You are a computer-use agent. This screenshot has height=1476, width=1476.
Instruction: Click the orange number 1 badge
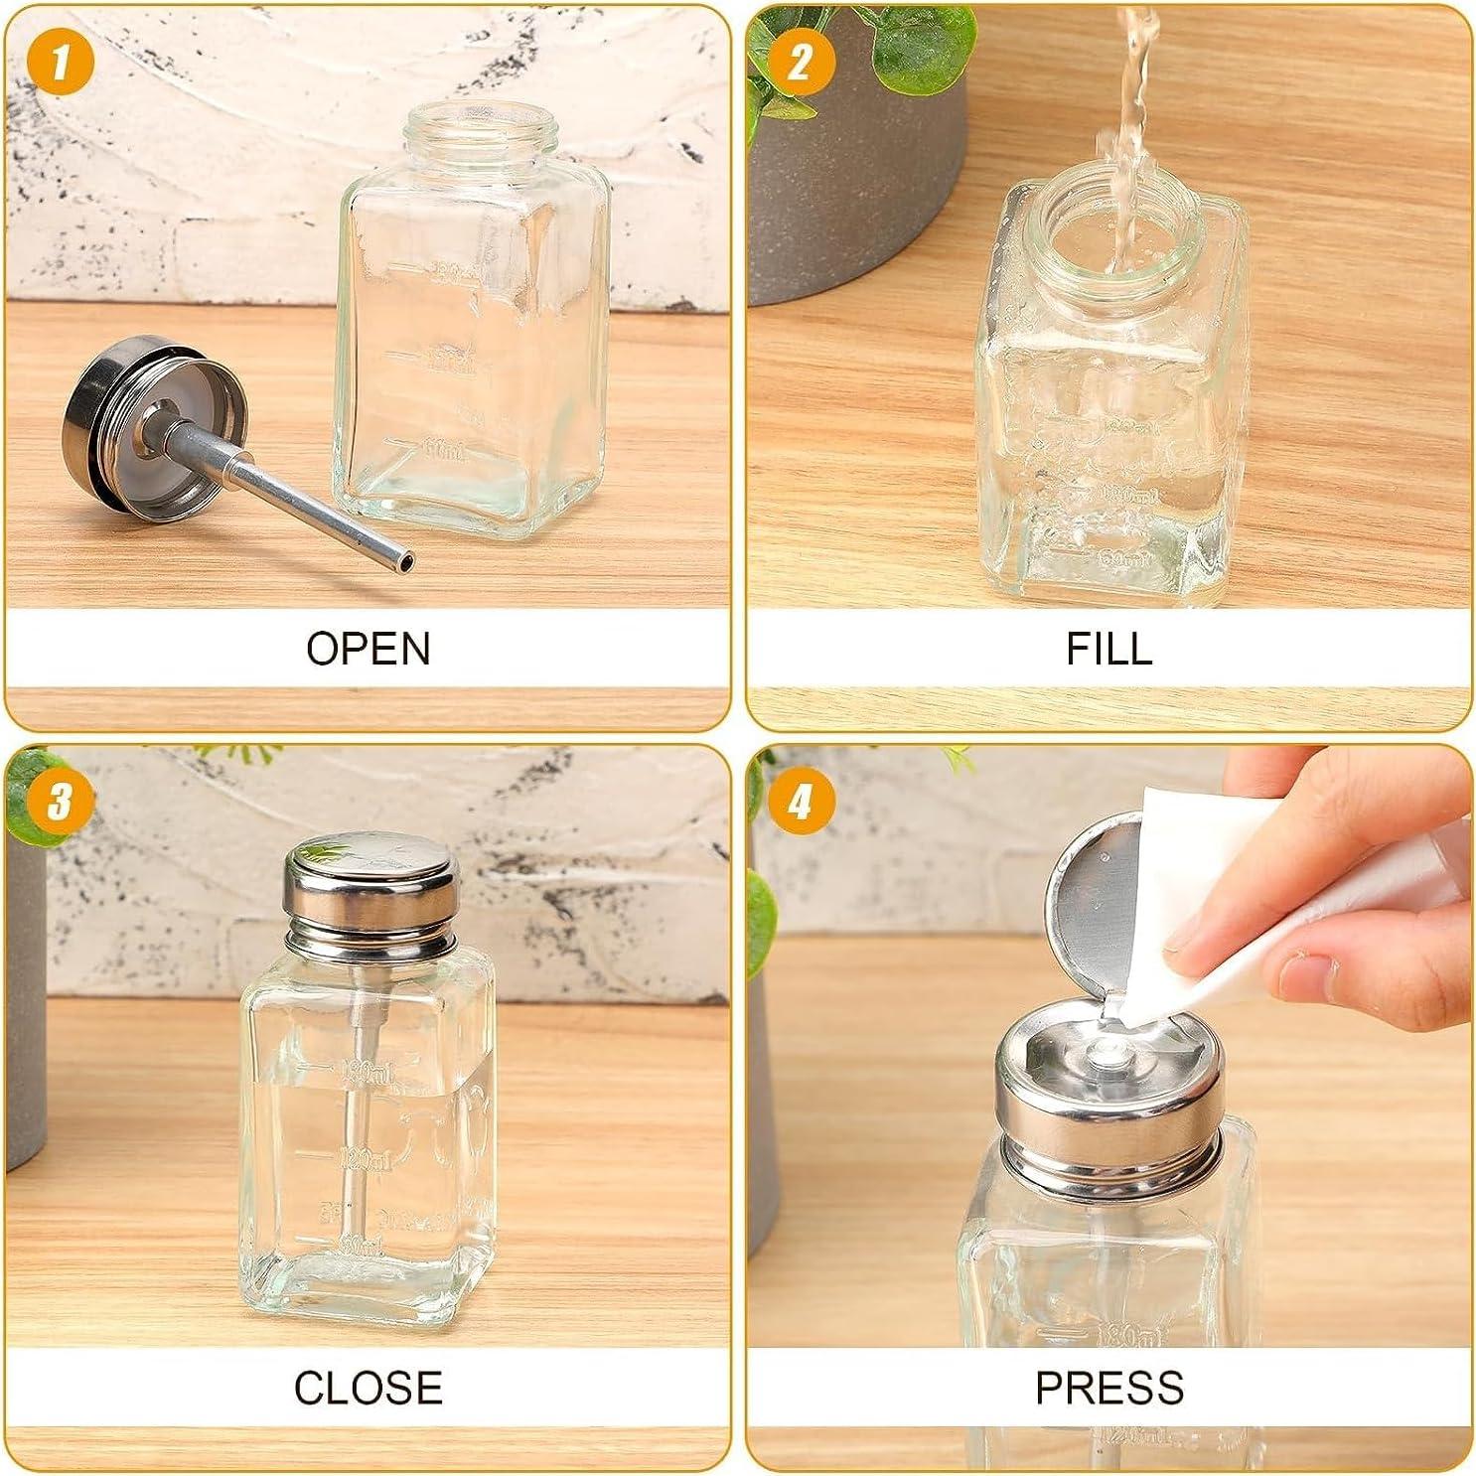(x=60, y=62)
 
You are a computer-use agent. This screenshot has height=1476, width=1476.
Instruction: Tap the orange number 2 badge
(x=800, y=62)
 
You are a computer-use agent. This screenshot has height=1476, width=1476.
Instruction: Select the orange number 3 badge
(x=60, y=801)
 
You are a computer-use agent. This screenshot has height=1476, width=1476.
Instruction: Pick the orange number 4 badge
(x=800, y=801)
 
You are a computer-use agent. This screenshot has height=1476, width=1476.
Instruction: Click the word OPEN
(x=368, y=649)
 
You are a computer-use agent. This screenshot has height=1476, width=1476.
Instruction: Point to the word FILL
(x=1108, y=649)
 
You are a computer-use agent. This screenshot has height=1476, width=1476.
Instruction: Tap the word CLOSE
(x=368, y=1388)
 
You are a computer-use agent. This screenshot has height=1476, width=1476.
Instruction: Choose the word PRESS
(x=1108, y=1388)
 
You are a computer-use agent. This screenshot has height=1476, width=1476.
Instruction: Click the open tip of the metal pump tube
(x=404, y=563)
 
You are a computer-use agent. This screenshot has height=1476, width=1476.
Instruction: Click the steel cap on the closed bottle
(x=372, y=889)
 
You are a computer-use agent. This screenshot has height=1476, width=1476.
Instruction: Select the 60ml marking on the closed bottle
(x=361, y=1244)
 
